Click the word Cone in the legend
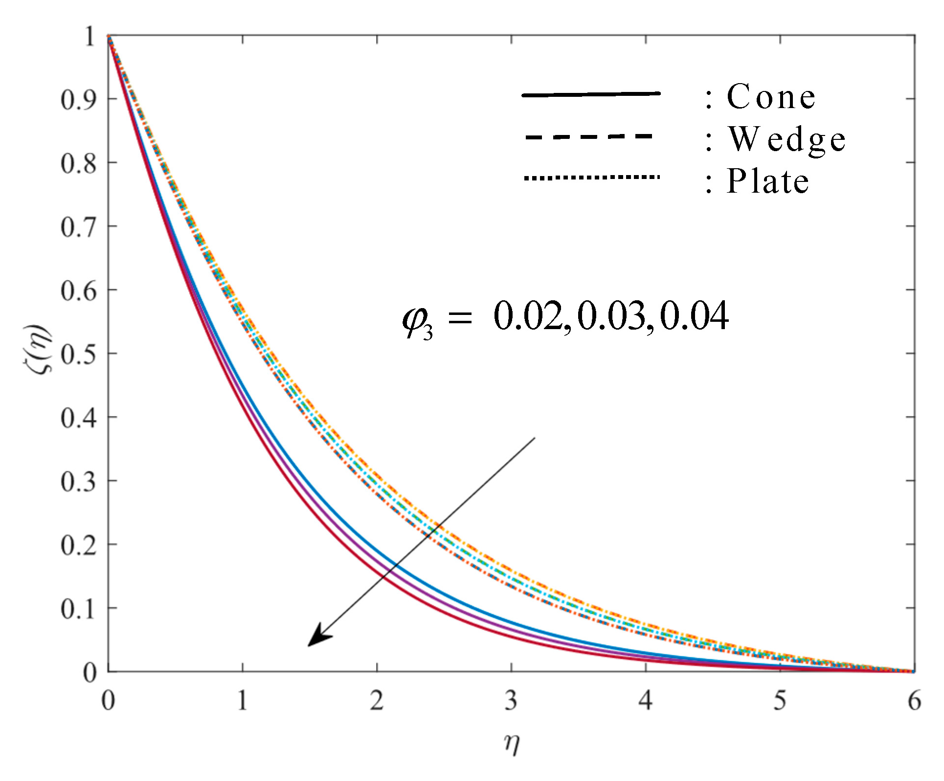click(x=771, y=96)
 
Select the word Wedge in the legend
click(x=787, y=139)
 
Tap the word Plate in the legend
click(x=767, y=181)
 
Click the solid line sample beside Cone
click(x=591, y=94)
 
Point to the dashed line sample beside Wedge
click(x=589, y=136)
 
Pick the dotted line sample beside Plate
click(x=591, y=178)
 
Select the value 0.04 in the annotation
click(x=694, y=316)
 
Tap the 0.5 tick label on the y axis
click(x=78, y=354)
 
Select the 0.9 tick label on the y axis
click(x=78, y=99)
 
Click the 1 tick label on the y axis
click(x=90, y=36)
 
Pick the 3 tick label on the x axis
click(x=511, y=701)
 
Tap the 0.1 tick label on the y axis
click(x=78, y=609)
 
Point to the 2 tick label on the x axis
click(x=377, y=701)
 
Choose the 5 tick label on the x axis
click(x=780, y=701)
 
